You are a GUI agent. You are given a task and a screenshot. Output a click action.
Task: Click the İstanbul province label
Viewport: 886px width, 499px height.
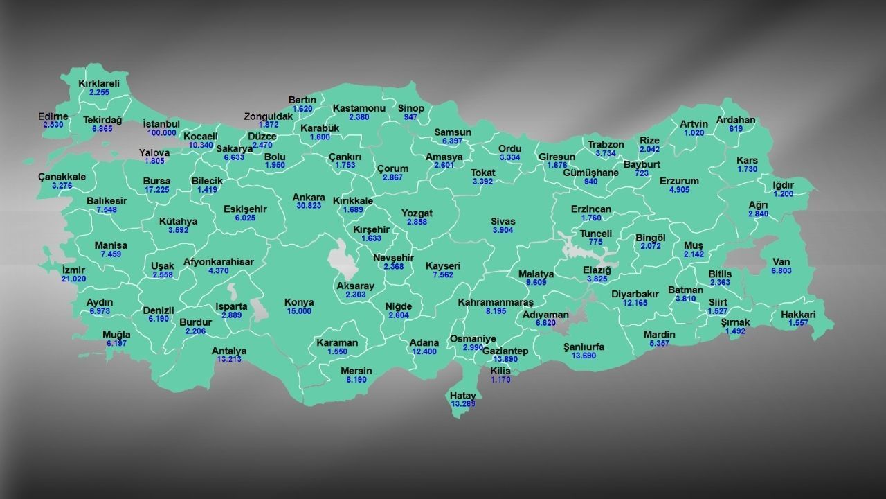(161, 123)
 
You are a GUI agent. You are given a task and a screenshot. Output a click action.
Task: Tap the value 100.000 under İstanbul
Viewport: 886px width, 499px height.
(161, 132)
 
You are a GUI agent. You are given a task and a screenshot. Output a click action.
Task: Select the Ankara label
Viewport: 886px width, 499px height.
(309, 197)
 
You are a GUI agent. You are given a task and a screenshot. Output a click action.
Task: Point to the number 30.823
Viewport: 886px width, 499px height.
(309, 206)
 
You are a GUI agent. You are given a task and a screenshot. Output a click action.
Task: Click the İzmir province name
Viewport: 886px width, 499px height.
(73, 270)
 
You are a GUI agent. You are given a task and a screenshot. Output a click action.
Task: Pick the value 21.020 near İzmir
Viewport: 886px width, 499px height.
(73, 279)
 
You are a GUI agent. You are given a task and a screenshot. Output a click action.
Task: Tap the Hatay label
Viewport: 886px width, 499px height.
(463, 395)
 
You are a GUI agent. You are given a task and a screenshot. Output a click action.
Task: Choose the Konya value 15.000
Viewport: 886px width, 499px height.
(299, 311)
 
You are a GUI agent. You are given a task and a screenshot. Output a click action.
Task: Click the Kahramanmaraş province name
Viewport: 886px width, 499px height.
(496, 303)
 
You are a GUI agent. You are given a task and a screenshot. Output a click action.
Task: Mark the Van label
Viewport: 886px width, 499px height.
(781, 262)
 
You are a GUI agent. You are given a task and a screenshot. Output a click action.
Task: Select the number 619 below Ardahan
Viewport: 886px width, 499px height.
(735, 129)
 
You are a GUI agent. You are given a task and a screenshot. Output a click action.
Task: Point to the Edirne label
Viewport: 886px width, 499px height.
(53, 116)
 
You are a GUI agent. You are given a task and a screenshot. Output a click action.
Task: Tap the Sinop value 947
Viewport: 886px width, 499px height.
(411, 117)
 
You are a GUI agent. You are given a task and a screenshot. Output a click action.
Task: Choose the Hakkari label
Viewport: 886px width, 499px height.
(798, 315)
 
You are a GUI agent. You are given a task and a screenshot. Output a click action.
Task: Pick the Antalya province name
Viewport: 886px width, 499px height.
(229, 351)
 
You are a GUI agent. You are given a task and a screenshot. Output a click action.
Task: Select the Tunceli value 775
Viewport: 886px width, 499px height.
(595, 243)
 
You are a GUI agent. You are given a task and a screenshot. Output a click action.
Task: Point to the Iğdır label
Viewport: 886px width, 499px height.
(784, 185)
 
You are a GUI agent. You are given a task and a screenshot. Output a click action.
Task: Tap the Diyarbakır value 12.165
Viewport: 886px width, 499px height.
(635, 303)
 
